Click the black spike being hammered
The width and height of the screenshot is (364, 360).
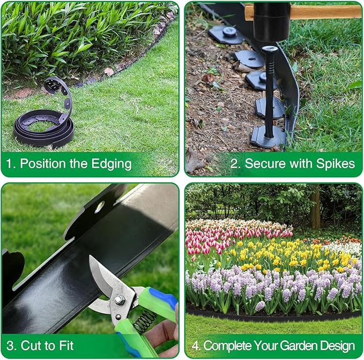269,91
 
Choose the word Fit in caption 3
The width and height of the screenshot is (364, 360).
63,345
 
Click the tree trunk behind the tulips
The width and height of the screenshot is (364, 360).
315,207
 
